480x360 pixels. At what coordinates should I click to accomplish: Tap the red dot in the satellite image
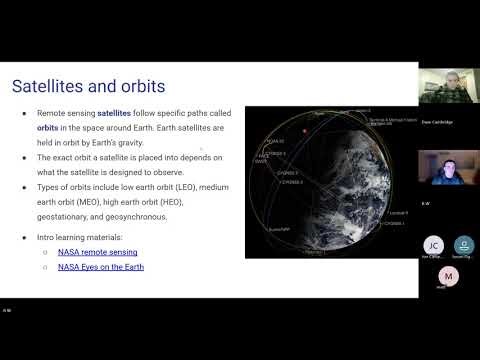tap(303, 130)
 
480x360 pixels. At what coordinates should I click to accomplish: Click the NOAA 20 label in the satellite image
tap(275, 141)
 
